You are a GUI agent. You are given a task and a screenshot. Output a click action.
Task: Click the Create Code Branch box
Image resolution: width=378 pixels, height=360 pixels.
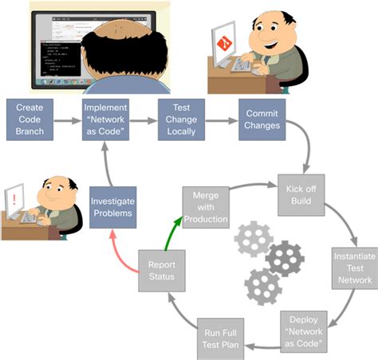click(x=30, y=120)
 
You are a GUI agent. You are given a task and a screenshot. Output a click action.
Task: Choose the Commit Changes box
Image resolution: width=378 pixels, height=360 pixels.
click(x=261, y=120)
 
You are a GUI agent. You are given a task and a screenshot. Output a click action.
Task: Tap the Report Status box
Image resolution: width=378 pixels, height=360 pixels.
click(x=162, y=272)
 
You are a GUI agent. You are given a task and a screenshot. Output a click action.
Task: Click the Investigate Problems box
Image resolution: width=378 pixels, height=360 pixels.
click(x=111, y=207)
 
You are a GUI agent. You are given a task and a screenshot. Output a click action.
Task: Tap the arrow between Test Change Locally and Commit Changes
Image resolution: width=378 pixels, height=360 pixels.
click(x=222, y=121)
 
